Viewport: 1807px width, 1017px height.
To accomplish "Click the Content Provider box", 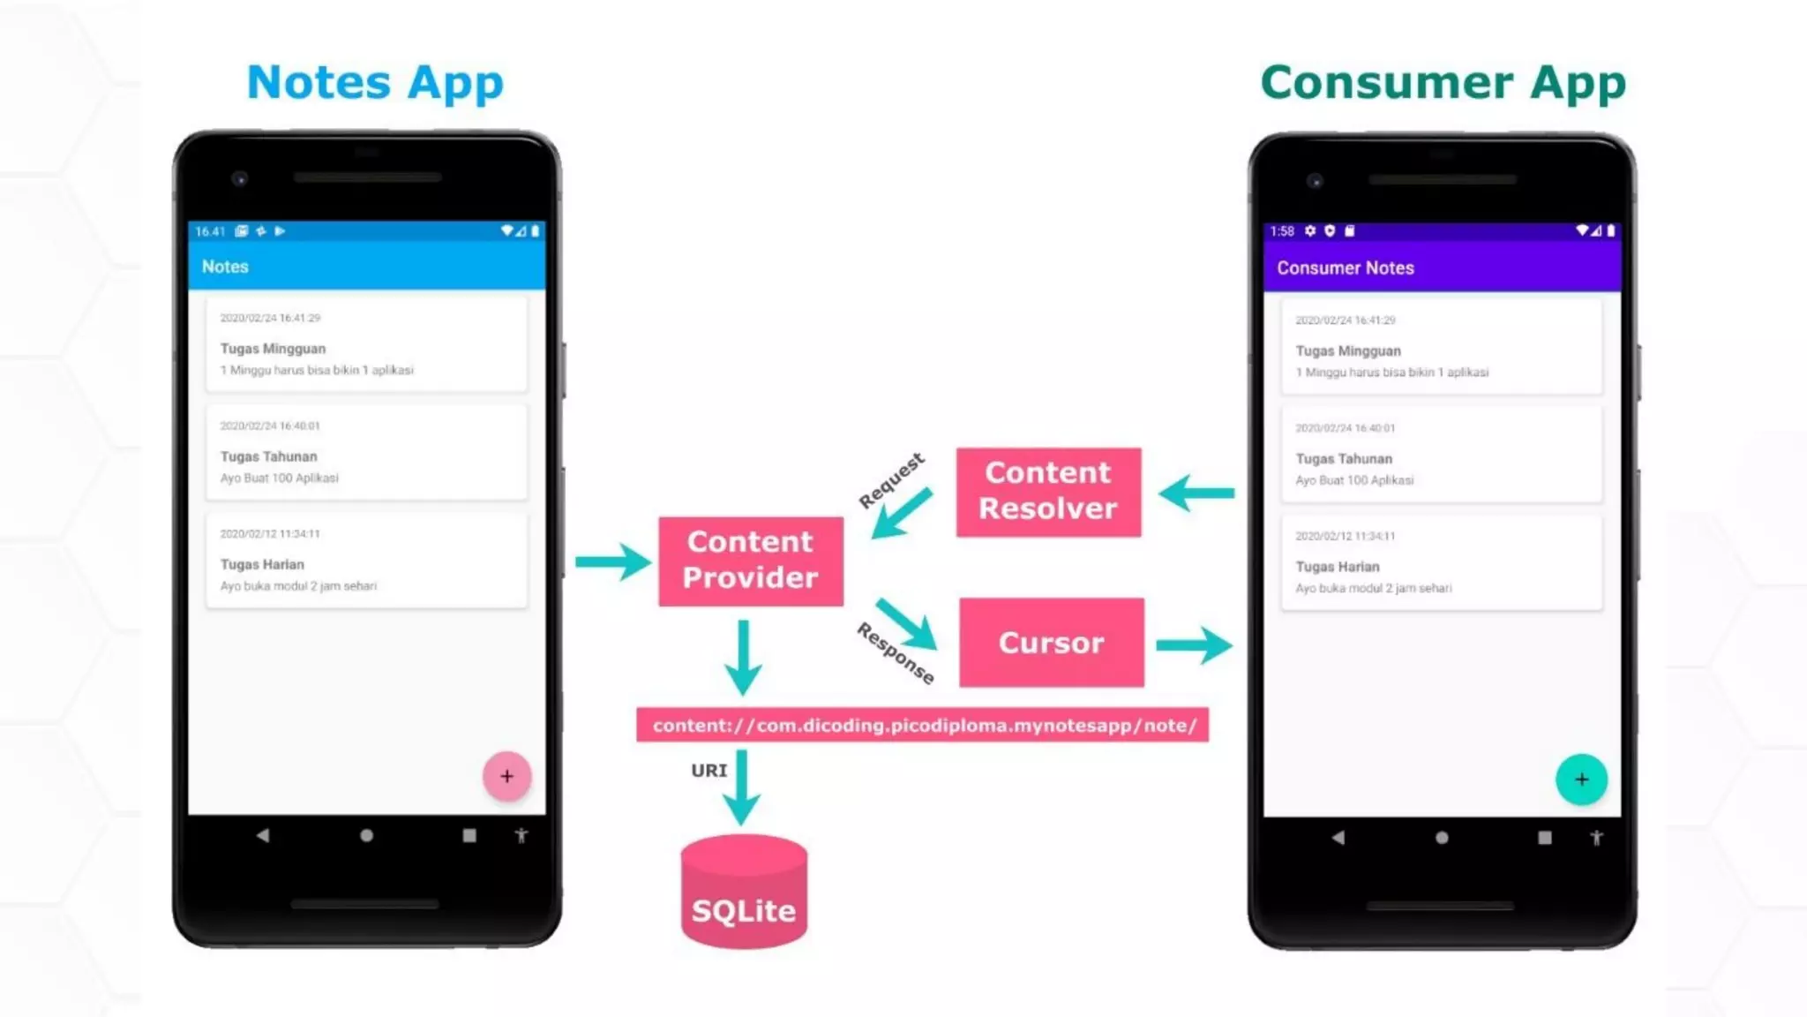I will (x=750, y=561).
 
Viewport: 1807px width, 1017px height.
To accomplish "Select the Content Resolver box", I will (x=1048, y=492).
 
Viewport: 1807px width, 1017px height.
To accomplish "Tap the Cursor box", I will (x=1051, y=643).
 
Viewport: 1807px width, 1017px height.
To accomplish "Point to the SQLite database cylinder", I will (x=744, y=892).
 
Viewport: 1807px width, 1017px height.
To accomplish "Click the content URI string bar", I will (x=922, y=725).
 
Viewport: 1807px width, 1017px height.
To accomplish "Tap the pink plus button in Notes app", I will (x=506, y=776).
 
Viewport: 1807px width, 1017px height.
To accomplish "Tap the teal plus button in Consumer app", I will (x=1581, y=779).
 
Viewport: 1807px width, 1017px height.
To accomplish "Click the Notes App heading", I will (x=375, y=83).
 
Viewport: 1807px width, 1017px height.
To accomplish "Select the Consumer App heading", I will (x=1443, y=83).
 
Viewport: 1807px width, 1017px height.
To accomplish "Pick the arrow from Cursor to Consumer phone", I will (x=1194, y=645).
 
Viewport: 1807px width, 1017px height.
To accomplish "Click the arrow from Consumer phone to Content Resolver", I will (x=1196, y=493).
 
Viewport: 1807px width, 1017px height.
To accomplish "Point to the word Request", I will (x=891, y=479).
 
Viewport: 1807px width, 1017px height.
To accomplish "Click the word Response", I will (x=896, y=653).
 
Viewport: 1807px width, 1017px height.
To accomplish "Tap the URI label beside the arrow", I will (x=709, y=771).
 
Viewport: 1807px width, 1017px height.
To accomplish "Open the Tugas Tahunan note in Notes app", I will (x=366, y=453).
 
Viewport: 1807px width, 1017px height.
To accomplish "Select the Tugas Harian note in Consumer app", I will (x=1441, y=563).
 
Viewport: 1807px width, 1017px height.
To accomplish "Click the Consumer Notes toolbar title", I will (x=1345, y=267).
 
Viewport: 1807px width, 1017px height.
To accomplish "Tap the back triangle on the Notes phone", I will (x=262, y=835).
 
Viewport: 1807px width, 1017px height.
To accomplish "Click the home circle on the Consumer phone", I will (x=1442, y=837).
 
